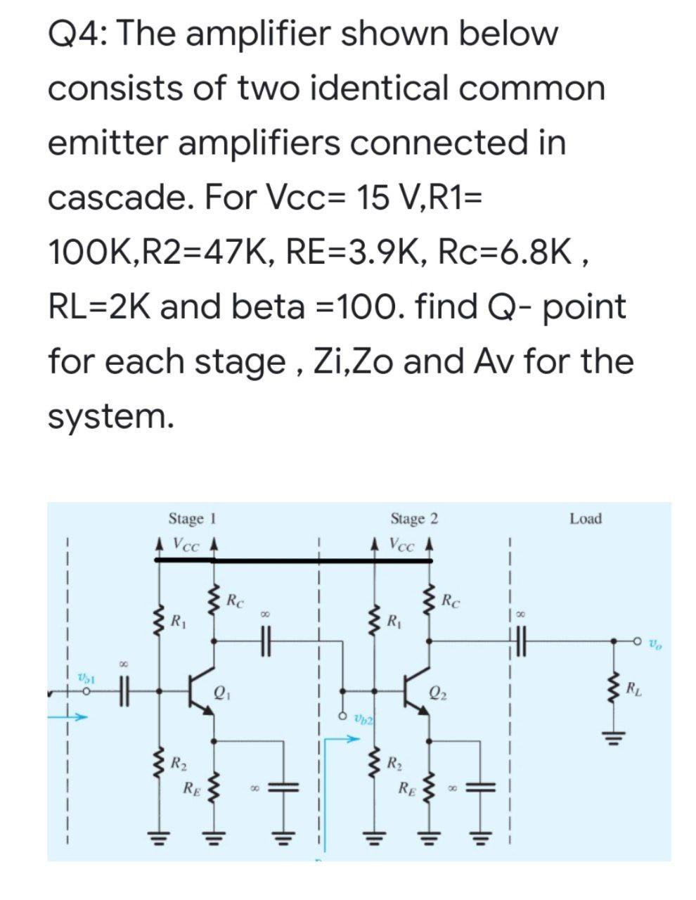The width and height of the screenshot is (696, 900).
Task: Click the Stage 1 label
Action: [x=191, y=519]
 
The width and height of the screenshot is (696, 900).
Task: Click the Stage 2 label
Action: [x=414, y=519]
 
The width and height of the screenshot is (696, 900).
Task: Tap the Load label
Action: [x=586, y=519]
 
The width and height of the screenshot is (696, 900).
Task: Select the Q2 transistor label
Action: [x=437, y=690]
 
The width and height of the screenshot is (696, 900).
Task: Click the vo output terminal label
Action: [x=655, y=642]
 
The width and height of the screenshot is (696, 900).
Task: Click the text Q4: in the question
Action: [x=76, y=34]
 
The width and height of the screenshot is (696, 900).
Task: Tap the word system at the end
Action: [x=109, y=416]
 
